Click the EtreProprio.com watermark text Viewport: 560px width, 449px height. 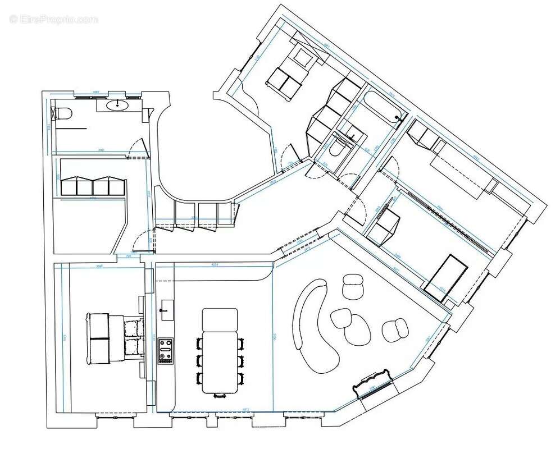click(x=53, y=19)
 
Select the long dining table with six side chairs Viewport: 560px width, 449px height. click(x=220, y=350)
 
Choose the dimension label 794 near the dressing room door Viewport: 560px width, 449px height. click(x=129, y=256)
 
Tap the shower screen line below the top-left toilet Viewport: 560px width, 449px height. click(x=71, y=129)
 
